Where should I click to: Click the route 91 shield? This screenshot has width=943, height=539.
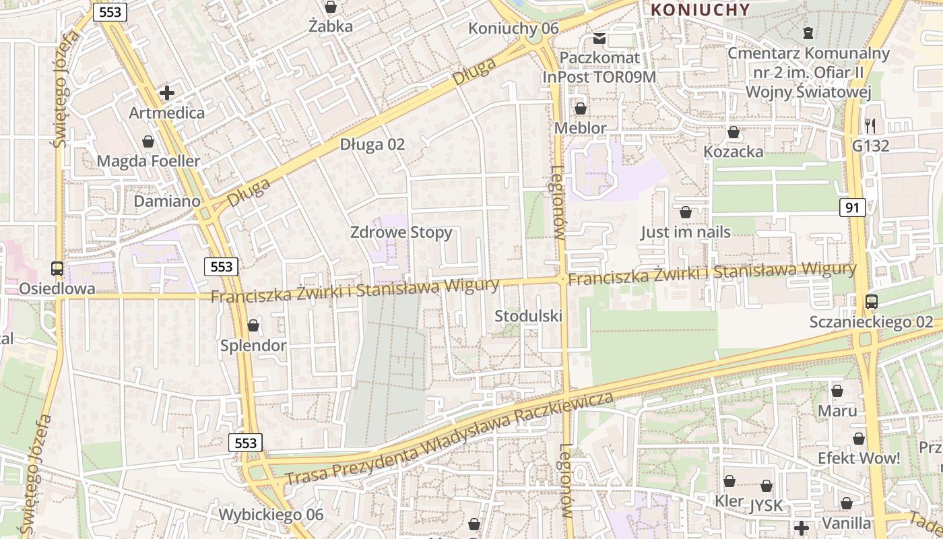[x=852, y=208]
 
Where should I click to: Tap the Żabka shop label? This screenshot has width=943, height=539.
[x=331, y=26]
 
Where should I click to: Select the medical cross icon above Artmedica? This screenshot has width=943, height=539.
[x=167, y=92]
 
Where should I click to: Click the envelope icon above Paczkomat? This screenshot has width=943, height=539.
[x=599, y=38]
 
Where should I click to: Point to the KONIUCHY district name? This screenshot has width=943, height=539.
[x=701, y=9]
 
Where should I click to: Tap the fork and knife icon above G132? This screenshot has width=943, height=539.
[x=870, y=125]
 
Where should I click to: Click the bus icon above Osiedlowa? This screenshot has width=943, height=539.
[x=57, y=268]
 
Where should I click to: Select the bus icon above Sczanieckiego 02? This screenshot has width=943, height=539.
[x=871, y=301]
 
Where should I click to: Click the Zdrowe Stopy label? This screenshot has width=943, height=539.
[x=401, y=232]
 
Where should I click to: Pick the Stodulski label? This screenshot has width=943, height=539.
[x=528, y=316]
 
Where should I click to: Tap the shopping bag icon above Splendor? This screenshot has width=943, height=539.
[x=253, y=325]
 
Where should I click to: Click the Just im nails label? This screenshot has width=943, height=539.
[x=685, y=232]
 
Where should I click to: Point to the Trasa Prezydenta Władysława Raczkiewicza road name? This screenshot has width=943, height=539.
[x=449, y=438]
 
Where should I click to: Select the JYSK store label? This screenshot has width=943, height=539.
[x=767, y=505]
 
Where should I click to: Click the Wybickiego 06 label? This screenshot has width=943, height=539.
[x=271, y=515]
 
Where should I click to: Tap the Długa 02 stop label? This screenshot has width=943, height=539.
[x=372, y=144]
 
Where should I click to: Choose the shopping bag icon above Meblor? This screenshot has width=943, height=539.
[x=580, y=108]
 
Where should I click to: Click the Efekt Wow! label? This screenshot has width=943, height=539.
[x=858, y=459]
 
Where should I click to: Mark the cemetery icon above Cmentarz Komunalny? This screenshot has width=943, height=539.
[x=808, y=32]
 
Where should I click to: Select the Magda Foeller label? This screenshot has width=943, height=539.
[x=148, y=161]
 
